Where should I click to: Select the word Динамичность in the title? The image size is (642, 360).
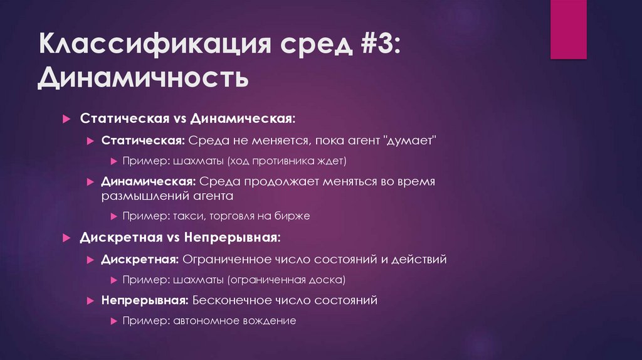coord(143,80)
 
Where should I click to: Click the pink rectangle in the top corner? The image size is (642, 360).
coord(568,29)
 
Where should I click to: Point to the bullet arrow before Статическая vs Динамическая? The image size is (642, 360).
coord(67,119)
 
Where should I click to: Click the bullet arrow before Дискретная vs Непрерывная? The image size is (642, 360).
coord(67,239)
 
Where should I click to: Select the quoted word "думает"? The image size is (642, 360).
coord(409,140)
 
